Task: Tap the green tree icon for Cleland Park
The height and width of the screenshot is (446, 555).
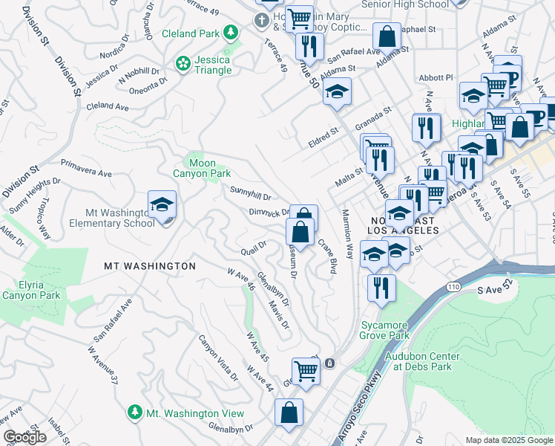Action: pyautogui.click(x=231, y=32)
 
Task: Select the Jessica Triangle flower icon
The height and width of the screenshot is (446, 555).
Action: pyautogui.click(x=183, y=65)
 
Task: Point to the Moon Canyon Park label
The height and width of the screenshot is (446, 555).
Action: pyautogui.click(x=202, y=168)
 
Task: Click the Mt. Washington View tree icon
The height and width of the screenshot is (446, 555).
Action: pyautogui.click(x=134, y=411)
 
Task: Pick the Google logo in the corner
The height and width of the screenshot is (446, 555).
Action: pyautogui.click(x=24, y=437)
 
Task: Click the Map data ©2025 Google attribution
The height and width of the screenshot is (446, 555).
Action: pyautogui.click(x=508, y=440)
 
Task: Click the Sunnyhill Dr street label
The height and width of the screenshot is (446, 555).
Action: pyautogui.click(x=250, y=193)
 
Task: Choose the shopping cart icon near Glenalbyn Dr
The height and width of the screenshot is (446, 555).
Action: pyautogui.click(x=304, y=369)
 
